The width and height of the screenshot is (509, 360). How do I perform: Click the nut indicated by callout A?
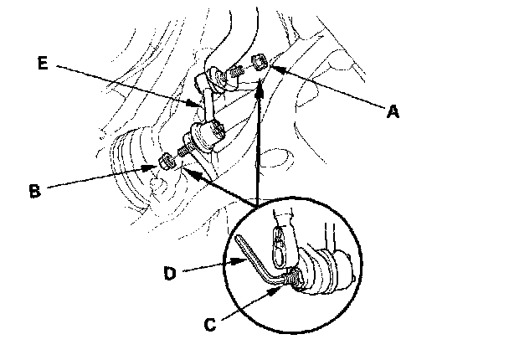pyautogui.click(x=260, y=60)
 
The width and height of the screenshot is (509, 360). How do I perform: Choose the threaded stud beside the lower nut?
pyautogui.click(x=183, y=152)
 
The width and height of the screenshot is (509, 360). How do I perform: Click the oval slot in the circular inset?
pyautogui.click(x=280, y=242)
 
